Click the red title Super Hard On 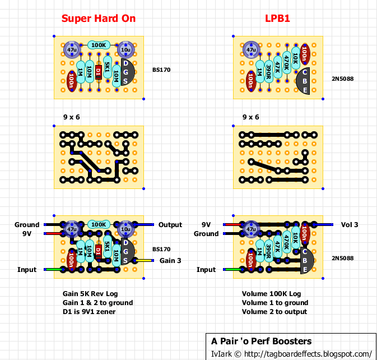click(99, 19)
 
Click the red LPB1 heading click(277, 19)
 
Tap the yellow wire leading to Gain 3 click(145, 260)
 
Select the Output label click(170, 225)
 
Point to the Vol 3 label click(350, 225)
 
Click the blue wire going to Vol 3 click(323, 224)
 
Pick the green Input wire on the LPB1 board click(233, 270)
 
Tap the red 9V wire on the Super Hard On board click(54, 233)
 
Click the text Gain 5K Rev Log click(90, 294)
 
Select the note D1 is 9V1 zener click(89, 312)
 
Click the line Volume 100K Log click(272, 294)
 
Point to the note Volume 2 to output click(274, 312)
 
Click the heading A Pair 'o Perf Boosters click(262, 341)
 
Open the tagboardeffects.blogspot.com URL click(308, 354)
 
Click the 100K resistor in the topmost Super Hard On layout click(99, 45)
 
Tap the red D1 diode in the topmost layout click(99, 72)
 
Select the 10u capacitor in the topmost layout click(125, 50)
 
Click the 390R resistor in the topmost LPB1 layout click(268, 72)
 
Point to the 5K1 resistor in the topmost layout click(108, 67)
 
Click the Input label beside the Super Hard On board click(27, 270)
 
